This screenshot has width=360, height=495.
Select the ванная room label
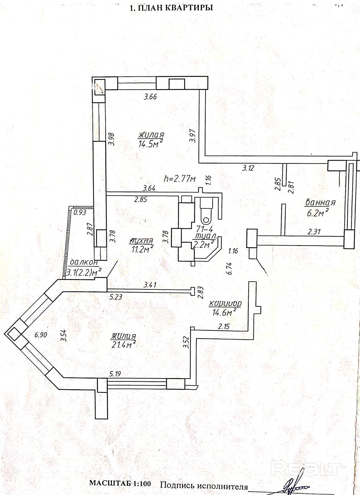click(x=320, y=203)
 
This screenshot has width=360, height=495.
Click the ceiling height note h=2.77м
click(x=180, y=179)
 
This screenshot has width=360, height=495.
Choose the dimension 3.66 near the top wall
click(x=150, y=97)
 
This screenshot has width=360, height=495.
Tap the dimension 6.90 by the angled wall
click(x=41, y=335)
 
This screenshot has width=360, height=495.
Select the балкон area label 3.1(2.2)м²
click(x=85, y=273)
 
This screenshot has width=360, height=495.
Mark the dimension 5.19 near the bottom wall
click(x=115, y=374)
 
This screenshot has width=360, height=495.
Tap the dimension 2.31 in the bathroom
click(x=314, y=231)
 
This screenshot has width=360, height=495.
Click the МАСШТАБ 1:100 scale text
click(x=120, y=484)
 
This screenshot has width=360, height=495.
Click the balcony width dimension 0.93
click(x=80, y=212)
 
